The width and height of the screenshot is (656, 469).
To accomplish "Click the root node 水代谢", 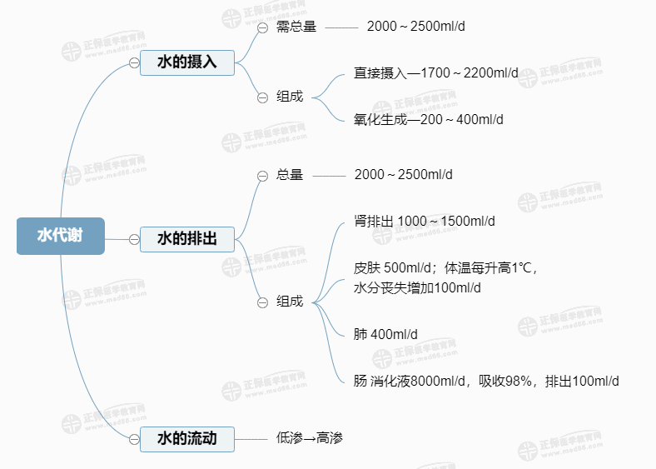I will (60, 236).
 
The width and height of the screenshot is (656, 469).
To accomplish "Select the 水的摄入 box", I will (187, 62).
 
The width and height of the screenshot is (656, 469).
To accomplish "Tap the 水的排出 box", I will (187, 239).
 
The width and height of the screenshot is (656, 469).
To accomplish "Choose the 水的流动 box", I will (187, 438).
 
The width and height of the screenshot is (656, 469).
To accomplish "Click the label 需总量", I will (296, 27).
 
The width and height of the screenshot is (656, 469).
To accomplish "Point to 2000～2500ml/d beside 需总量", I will (415, 27).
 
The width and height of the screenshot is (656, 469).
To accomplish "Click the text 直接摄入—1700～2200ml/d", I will (435, 73).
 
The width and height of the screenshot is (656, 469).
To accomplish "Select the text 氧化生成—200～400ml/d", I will (428, 119).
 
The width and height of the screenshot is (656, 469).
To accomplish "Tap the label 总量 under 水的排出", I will (290, 175).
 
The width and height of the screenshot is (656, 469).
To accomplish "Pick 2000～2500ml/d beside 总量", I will (403, 175).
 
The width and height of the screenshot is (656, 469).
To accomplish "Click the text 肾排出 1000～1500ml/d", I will (424, 221).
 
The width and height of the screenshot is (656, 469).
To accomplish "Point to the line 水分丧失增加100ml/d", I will (417, 288).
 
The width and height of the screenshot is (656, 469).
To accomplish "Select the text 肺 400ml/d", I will (385, 335).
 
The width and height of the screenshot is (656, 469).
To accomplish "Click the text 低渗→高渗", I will (310, 438).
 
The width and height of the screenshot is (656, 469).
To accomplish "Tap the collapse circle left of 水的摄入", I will (133, 63).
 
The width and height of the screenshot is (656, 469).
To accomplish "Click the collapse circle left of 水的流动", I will (133, 438).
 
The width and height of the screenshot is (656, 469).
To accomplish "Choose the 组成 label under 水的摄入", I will (290, 96).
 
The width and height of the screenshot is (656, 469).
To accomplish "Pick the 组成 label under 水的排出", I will (290, 302).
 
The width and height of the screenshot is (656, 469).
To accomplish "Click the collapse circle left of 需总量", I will (262, 27).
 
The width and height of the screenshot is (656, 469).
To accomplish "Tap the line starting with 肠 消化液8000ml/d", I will (485, 382).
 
